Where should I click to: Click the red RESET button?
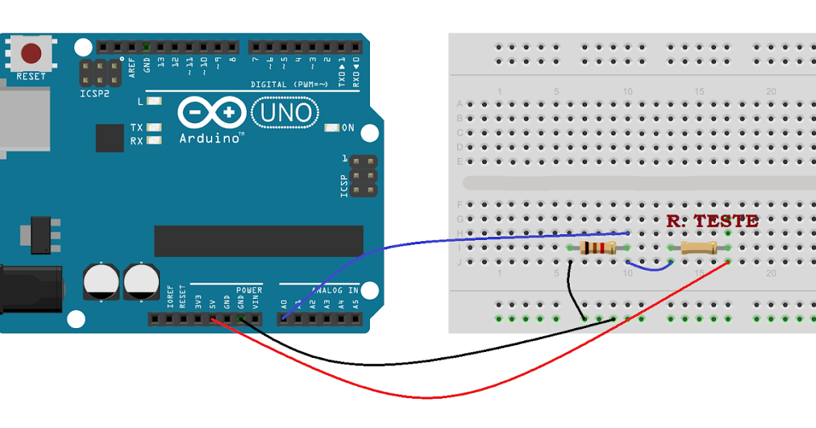tap(31, 53)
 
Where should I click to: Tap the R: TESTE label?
tap(712, 221)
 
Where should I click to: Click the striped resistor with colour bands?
tap(598, 247)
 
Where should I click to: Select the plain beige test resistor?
tap(699, 247)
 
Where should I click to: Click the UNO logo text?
tap(285, 113)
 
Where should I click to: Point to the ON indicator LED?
tap(332, 128)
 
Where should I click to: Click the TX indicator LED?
tap(154, 128)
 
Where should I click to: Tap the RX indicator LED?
tap(154, 141)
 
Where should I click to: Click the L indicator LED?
tap(154, 102)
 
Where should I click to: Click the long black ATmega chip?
tap(258, 240)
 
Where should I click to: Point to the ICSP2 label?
tap(95, 93)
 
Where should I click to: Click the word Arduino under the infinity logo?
tap(209, 138)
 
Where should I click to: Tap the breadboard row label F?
tap(460, 204)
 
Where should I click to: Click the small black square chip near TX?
tap(109, 138)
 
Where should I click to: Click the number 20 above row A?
tap(770, 92)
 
